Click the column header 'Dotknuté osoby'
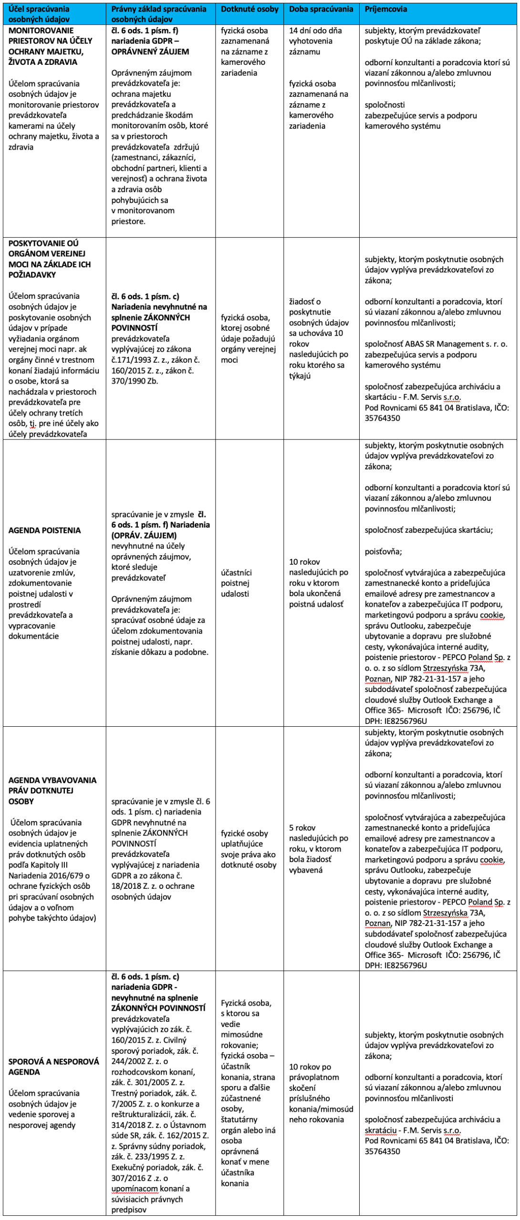(x=249, y=9)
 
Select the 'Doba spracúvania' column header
(x=321, y=9)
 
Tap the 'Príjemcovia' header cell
(x=385, y=9)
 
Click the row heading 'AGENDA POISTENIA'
(x=44, y=530)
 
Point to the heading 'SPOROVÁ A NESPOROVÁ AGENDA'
(x=53, y=1067)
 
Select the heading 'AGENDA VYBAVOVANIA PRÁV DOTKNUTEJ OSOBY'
(x=52, y=791)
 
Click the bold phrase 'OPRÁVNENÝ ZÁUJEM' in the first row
(x=150, y=51)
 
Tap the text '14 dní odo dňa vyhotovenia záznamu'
(x=315, y=41)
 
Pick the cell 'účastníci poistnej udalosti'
(x=236, y=583)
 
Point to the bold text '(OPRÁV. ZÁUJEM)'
(x=144, y=535)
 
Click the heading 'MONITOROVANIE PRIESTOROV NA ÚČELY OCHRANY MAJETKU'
(x=50, y=46)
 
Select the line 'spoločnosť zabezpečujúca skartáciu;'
(x=428, y=529)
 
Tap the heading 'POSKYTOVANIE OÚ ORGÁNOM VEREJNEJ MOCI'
(x=49, y=259)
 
